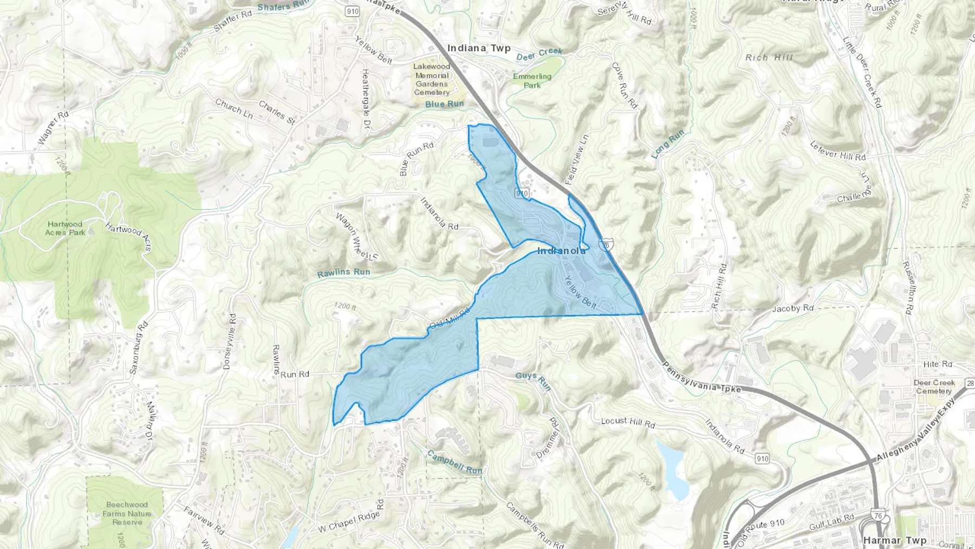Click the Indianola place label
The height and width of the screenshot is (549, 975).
[561, 251]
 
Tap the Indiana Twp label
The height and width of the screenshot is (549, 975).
[479, 48]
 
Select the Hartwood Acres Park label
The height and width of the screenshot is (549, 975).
[65, 228]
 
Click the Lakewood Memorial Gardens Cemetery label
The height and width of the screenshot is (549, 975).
[432, 79]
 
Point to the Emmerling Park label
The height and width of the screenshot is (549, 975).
[532, 81]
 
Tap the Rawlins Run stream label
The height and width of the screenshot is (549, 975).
[343, 273]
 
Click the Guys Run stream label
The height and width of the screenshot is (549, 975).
[533, 381]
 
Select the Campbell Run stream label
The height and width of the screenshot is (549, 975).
[454, 462]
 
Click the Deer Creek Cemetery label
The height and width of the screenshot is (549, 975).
[934, 386]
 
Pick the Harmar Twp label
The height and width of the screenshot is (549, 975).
[894, 540]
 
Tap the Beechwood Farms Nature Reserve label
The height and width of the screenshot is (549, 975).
[127, 513]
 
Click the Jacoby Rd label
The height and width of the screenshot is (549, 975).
[792, 308]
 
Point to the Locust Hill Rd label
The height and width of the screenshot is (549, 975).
[628, 422]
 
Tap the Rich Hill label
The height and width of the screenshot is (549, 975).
[769, 57]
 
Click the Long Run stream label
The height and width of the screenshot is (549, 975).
[668, 144]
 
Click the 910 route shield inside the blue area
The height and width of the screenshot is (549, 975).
[522, 193]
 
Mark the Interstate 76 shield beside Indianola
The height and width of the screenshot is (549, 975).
[606, 245]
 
